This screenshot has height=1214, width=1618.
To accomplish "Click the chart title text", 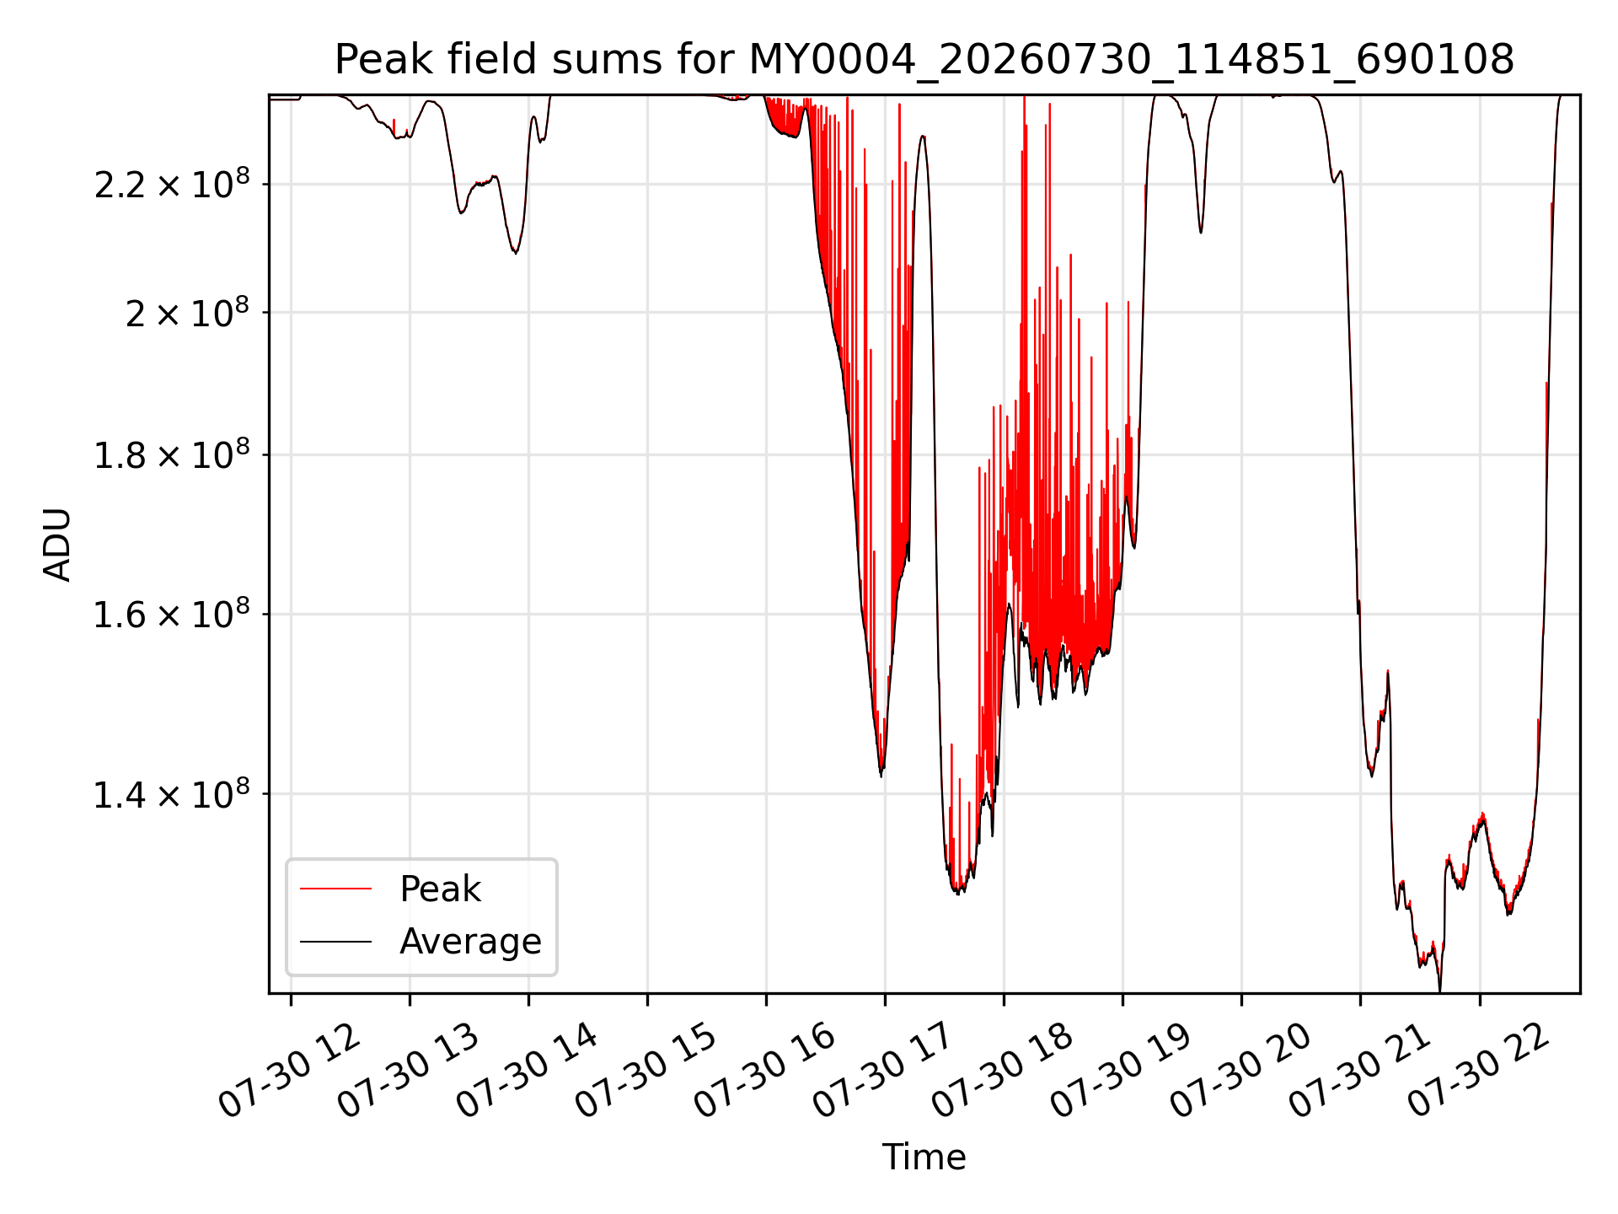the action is click(x=924, y=60).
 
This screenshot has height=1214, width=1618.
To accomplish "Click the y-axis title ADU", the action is click(x=57, y=545).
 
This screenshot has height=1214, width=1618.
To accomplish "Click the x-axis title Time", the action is click(x=924, y=1158).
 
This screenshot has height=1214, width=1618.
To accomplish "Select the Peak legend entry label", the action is click(x=440, y=889).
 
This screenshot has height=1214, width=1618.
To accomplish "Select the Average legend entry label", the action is click(x=470, y=942).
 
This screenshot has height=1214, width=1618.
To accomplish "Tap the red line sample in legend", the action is click(x=335, y=889).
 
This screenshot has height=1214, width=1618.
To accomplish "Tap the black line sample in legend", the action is click(x=335, y=942).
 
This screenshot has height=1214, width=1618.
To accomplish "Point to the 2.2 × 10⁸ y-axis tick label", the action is click(x=172, y=184).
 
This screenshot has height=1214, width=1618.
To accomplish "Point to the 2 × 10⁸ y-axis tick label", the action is click(x=187, y=313).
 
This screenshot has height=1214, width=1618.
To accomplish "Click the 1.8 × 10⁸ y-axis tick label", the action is click(x=172, y=455).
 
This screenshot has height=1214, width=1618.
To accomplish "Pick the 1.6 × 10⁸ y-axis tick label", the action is click(x=172, y=614).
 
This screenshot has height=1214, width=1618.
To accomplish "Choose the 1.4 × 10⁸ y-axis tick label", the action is click(x=172, y=794).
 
